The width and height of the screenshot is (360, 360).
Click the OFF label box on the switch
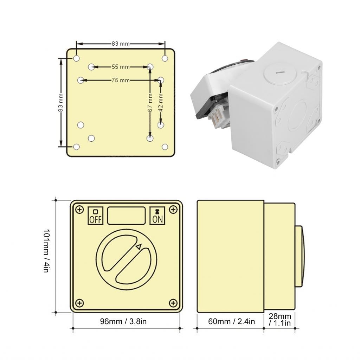click(95, 216)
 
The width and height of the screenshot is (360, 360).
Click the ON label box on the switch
click(157, 216)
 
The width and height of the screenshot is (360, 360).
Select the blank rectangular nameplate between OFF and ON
click(126, 216)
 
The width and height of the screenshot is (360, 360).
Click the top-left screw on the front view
click(80, 210)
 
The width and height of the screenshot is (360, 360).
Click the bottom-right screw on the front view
click(173, 303)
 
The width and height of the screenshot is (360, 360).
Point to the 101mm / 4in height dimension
click(46, 251)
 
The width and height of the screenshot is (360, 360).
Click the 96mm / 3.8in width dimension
click(123, 321)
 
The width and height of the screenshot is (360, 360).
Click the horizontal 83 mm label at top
click(121, 44)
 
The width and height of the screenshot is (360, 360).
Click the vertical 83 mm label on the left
click(60, 103)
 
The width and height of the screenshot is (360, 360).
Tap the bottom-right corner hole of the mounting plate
click(165, 147)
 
